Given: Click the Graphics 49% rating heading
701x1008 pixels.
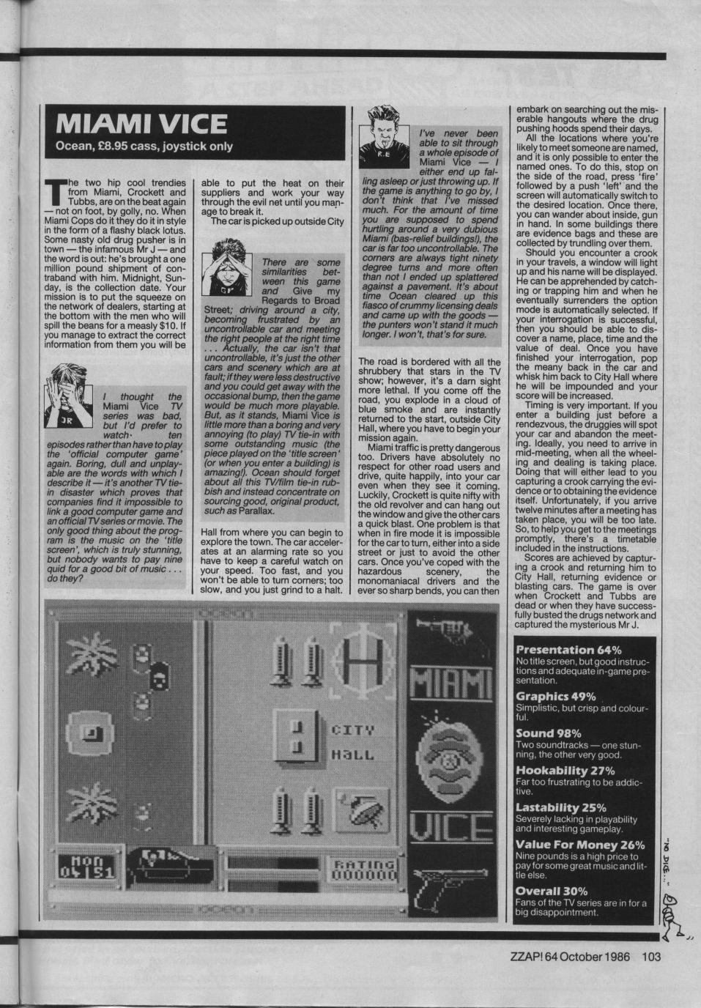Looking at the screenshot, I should pyautogui.click(x=556, y=697).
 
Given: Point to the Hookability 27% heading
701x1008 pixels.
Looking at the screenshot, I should pyautogui.click(x=565, y=771).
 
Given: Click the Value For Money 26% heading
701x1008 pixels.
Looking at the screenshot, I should pyautogui.click(x=580, y=845).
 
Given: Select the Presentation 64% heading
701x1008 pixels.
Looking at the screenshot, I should pyautogui.click(x=568, y=650).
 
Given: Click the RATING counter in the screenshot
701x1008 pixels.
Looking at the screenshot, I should pyautogui.click(x=363, y=870).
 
